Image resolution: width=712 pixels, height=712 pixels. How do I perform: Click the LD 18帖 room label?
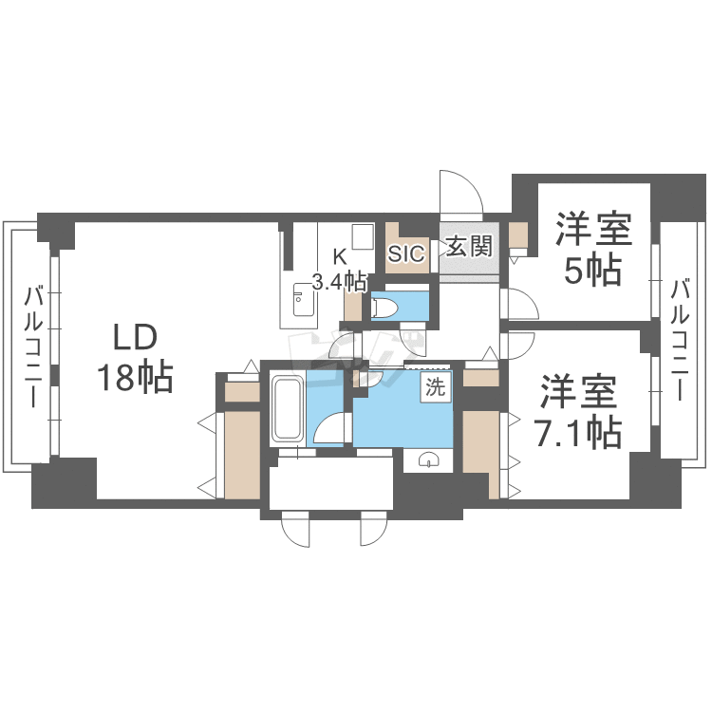[136, 365]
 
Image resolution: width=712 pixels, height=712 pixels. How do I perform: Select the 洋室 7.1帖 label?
[578, 412]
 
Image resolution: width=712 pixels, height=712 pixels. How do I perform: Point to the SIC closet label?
[407, 253]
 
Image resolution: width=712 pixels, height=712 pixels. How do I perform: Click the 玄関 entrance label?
[469, 247]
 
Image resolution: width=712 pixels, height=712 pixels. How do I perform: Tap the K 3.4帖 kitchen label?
[340, 271]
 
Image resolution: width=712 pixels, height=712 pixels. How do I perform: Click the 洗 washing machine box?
[436, 387]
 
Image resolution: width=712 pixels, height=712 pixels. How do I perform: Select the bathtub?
[287, 408]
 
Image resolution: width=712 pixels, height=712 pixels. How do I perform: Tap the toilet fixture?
[384, 308]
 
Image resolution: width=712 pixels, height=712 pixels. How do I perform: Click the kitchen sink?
[303, 300]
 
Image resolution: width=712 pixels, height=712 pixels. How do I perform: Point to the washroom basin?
[428, 460]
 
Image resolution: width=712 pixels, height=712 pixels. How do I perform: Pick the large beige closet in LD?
[242, 455]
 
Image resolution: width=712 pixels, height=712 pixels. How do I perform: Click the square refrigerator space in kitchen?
[363, 236]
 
